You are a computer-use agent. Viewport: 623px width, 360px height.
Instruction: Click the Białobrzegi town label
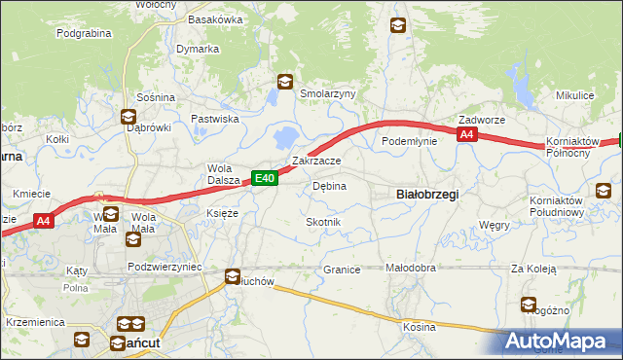(x=428, y=195)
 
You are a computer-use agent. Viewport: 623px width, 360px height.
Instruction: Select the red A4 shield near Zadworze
(x=467, y=135)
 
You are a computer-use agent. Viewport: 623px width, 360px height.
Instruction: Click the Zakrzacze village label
(x=316, y=162)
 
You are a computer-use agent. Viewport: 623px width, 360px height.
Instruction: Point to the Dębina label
(x=329, y=186)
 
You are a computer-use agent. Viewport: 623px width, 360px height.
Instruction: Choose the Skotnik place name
(x=323, y=223)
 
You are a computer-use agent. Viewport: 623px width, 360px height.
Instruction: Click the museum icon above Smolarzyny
(x=284, y=83)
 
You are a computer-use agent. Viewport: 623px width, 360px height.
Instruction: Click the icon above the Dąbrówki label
(x=128, y=117)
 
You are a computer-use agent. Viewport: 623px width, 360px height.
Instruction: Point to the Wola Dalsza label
(x=223, y=173)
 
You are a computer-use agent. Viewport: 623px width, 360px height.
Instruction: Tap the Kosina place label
(x=420, y=327)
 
